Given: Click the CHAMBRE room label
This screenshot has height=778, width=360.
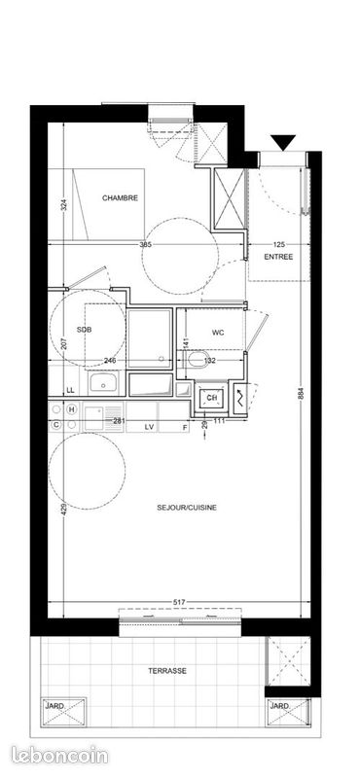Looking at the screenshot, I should [120, 197].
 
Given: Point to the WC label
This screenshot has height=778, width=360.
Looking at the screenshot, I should [217, 333].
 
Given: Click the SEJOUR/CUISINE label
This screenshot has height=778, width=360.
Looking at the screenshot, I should [186, 507].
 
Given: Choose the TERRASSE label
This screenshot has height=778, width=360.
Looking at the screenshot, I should [167, 671].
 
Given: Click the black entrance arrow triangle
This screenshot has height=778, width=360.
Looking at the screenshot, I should [282, 144].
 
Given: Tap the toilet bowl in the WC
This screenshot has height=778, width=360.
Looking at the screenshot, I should [198, 363].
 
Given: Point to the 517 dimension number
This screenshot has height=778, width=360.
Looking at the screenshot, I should [179, 604].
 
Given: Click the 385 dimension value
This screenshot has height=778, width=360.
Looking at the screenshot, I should [146, 243].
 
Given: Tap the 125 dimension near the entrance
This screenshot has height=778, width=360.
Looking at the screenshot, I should [279, 244].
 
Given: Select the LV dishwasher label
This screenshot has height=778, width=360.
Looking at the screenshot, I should [150, 427].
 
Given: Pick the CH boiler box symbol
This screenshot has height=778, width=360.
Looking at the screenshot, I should [208, 397].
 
